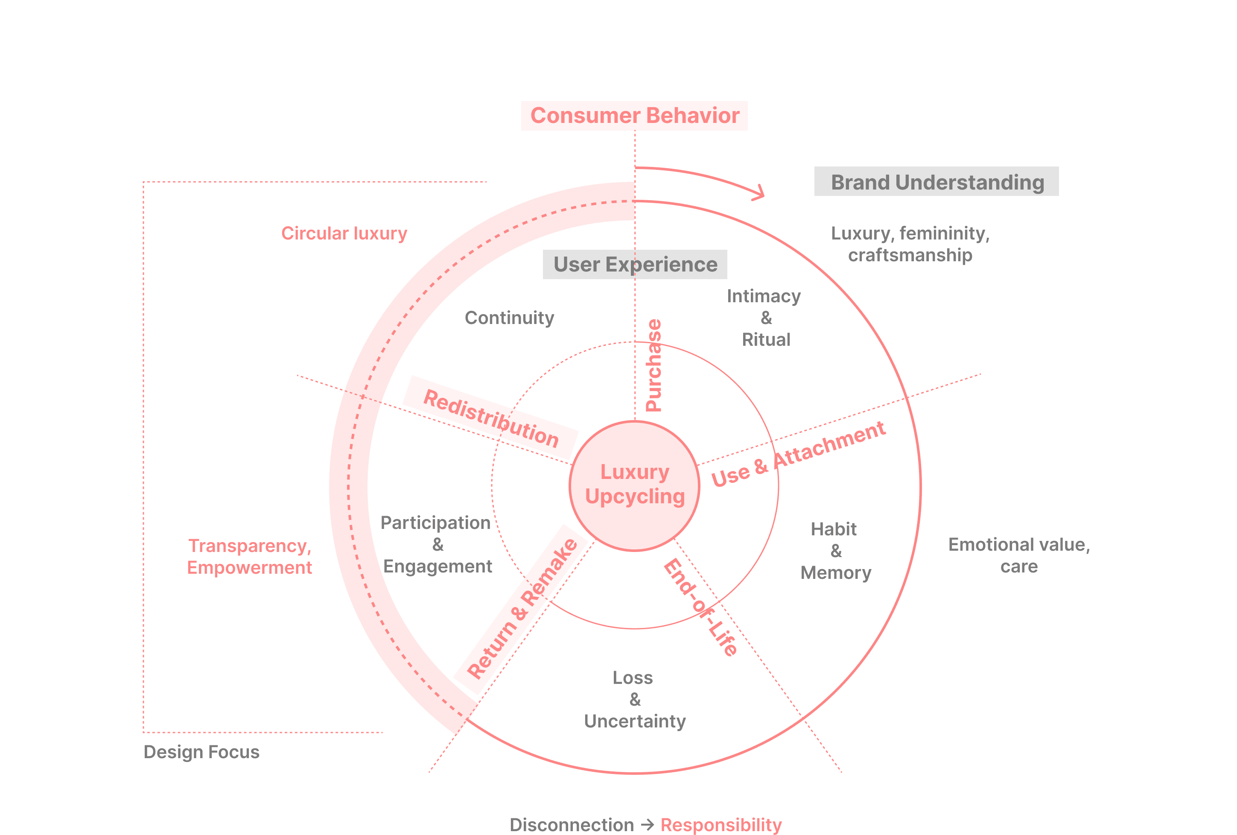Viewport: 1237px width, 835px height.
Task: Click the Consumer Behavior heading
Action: coord(634,116)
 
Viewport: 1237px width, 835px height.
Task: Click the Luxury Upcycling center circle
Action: coord(634,485)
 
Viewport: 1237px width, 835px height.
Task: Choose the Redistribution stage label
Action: coord(490,418)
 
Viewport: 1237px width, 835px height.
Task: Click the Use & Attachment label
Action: coord(798,454)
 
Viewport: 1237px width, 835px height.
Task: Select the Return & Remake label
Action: coord(522,608)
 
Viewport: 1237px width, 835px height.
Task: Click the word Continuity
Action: coord(509,318)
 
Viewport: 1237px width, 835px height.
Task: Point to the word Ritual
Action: coord(766,339)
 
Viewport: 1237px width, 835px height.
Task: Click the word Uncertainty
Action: coord(634,721)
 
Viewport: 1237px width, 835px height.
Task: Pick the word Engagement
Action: coord(438,566)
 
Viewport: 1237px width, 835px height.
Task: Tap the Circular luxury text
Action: coord(344,233)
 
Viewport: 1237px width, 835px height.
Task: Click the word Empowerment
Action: coord(249,567)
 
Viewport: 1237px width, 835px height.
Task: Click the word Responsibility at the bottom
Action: coord(721,825)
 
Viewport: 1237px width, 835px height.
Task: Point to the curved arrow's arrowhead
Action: coord(760,193)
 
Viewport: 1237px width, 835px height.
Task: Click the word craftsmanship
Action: coord(910,255)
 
